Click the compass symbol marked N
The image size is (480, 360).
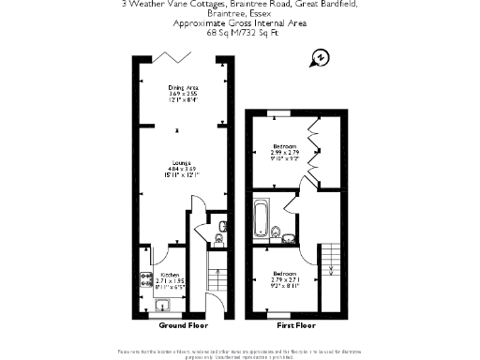tap(321, 56)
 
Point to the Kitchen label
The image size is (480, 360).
tap(157, 274)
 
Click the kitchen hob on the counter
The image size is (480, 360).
tap(146, 277)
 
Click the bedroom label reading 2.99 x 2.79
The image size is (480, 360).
tap(285, 153)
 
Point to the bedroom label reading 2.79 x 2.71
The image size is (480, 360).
tap(284, 280)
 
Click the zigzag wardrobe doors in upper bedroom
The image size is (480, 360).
tap(314, 145)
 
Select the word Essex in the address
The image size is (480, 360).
tap(260, 24)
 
